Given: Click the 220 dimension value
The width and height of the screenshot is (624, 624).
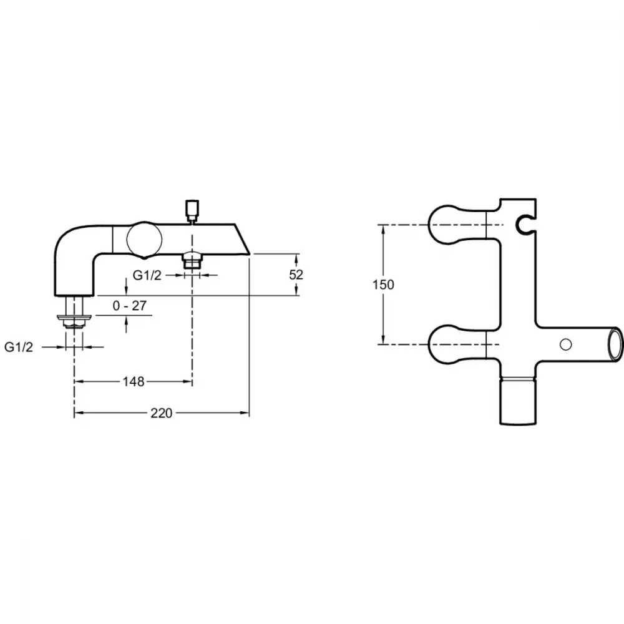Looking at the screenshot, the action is click(161, 413).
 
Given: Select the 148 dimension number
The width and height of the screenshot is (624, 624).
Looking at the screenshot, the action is click(134, 382).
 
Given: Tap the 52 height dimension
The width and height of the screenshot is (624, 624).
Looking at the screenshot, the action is click(296, 275).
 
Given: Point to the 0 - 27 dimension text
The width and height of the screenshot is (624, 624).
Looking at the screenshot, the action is click(130, 306).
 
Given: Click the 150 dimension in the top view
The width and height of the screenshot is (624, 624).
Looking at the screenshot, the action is click(383, 285).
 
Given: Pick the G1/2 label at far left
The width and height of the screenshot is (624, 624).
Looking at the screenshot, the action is click(19, 347).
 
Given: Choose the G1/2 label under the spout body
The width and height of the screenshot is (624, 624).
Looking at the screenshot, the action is click(147, 275).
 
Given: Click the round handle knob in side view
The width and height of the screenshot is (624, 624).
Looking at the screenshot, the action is click(144, 240).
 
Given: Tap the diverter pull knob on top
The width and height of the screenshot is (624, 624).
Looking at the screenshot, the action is click(192, 209).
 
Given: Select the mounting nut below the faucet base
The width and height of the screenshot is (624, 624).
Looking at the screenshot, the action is click(74, 320).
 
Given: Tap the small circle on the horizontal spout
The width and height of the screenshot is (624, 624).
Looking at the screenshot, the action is click(565, 344).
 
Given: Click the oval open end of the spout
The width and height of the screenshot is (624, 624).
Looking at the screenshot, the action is click(615, 344).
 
